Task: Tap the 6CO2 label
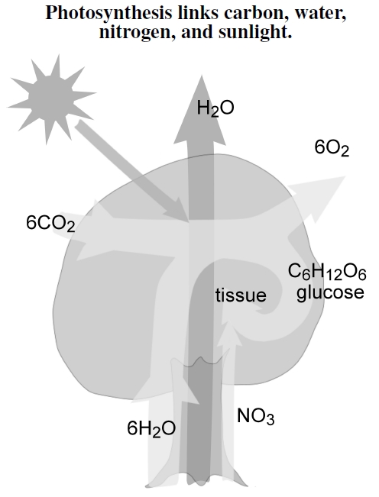(50, 224)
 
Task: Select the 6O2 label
(332, 148)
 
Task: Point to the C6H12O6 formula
(327, 273)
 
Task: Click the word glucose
(330, 292)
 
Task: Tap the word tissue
(241, 295)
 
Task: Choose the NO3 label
(256, 416)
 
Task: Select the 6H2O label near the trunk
(151, 428)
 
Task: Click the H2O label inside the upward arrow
(215, 108)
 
